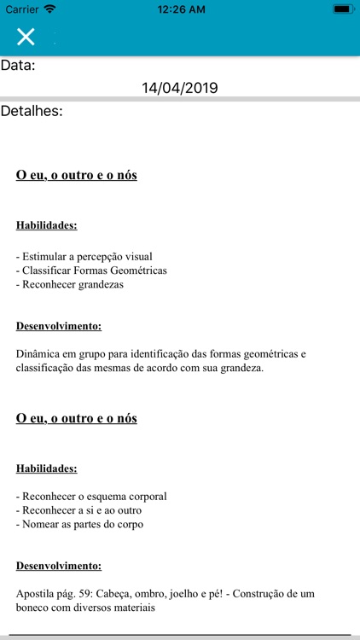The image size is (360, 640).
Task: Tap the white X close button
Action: click(x=26, y=36)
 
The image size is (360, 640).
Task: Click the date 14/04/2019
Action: click(x=180, y=88)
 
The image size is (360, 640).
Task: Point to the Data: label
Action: click(x=18, y=65)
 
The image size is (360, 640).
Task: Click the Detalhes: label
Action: click(x=32, y=111)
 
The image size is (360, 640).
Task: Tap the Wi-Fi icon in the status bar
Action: click(x=50, y=9)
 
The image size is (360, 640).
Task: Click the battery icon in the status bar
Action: click(x=343, y=9)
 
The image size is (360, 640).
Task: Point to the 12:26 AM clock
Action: click(x=181, y=9)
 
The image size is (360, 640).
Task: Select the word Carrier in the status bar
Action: click(x=22, y=9)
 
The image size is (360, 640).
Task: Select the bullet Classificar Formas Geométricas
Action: click(x=91, y=271)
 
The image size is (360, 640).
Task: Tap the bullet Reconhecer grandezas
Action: click(x=70, y=285)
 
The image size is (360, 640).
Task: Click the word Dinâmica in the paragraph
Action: click(x=38, y=353)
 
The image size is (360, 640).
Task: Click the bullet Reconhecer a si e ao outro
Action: click(x=78, y=510)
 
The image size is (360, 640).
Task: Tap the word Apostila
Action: click(x=35, y=593)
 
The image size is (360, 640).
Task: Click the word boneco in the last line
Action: click(x=33, y=608)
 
